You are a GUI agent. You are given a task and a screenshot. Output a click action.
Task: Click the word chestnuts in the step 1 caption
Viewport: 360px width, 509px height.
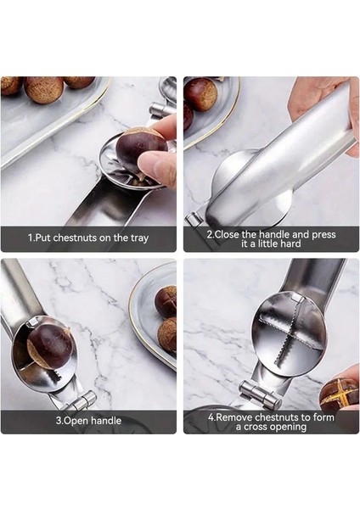pos(75,238)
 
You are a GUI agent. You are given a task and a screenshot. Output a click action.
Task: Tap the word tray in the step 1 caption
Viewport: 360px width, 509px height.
pos(140,238)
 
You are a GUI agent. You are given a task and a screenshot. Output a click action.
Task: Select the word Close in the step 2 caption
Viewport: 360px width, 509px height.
pos(227,234)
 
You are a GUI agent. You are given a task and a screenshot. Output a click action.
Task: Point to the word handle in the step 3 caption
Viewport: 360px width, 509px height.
pos(105,421)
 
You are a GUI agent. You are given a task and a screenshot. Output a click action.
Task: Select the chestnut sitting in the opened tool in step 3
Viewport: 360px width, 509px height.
pos(49,347)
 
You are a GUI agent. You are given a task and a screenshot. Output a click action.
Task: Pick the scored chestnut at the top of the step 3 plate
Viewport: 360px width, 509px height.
pos(166,302)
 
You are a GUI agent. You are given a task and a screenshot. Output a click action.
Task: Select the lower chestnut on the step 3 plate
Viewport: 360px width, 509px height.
pos(167,335)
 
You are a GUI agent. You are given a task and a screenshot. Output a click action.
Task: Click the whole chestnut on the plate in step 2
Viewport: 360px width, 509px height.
pos(200,94)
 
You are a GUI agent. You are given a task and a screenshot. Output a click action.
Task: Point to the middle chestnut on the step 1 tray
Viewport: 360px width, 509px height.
pos(44,89)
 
